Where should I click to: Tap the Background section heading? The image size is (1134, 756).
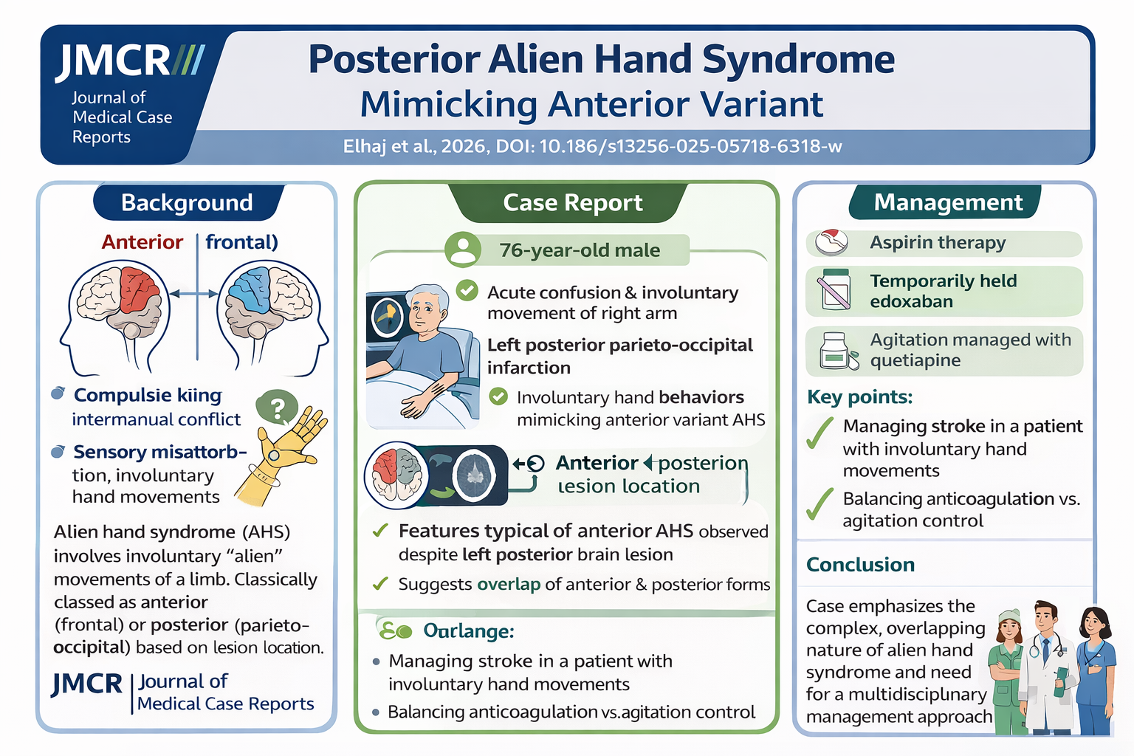click(187, 202)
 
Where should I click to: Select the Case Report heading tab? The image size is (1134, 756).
click(572, 202)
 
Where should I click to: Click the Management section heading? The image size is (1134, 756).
click(948, 202)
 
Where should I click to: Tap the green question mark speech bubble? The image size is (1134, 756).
click(277, 408)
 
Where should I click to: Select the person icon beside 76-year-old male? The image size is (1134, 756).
click(463, 250)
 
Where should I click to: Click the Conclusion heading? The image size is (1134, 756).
click(860, 565)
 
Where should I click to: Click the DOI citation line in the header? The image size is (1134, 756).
click(592, 146)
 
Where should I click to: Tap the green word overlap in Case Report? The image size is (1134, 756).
click(508, 585)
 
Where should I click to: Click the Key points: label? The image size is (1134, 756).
click(859, 397)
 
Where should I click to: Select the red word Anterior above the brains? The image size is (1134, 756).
click(142, 242)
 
